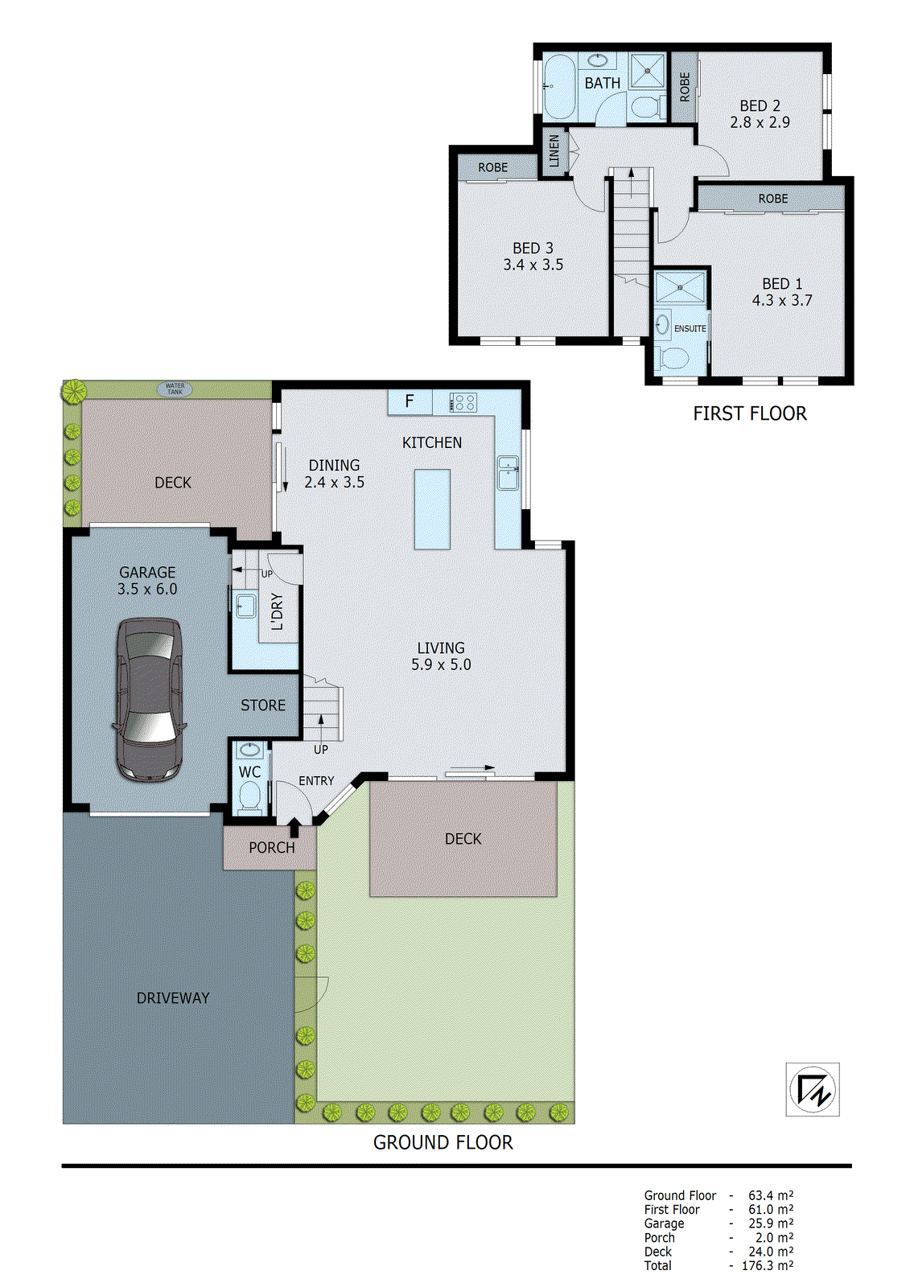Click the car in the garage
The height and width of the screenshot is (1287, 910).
(149, 700)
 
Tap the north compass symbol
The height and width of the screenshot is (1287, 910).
(813, 1089)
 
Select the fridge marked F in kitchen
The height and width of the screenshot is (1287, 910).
(410, 401)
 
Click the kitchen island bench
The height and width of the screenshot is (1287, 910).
(432, 508)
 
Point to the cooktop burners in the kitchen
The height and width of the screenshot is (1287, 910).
(463, 401)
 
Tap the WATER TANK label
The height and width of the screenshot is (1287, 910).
(175, 389)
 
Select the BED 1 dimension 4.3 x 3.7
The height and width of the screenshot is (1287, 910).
(782, 301)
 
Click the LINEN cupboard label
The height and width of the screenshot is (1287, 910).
(554, 151)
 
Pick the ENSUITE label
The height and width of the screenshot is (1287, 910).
(690, 328)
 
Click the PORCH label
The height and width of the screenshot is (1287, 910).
(271, 848)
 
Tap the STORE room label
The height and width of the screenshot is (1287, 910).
(263, 705)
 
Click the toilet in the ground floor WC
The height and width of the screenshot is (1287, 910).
(249, 798)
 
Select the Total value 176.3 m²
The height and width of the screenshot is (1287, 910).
(767, 1266)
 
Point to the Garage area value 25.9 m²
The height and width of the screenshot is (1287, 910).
(770, 1223)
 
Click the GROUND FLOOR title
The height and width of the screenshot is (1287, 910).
(443, 1142)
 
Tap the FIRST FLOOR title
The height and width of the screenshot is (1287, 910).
(749, 413)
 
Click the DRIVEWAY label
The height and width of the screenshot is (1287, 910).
(173, 998)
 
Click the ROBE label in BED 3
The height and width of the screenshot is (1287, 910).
(492, 167)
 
